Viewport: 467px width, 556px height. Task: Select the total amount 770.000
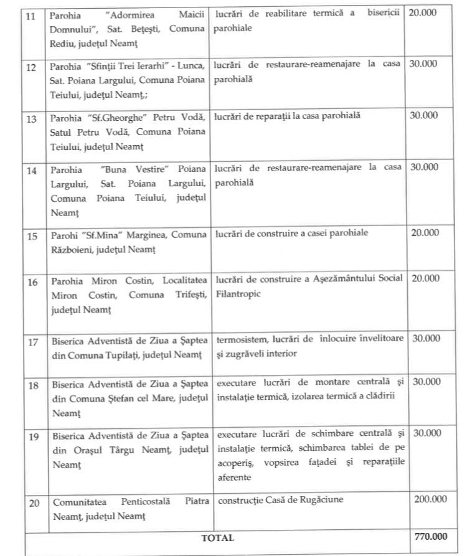pos(428,537)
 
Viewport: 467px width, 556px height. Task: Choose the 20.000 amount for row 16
pos(424,278)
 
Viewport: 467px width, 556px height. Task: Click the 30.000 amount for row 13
pos(424,115)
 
